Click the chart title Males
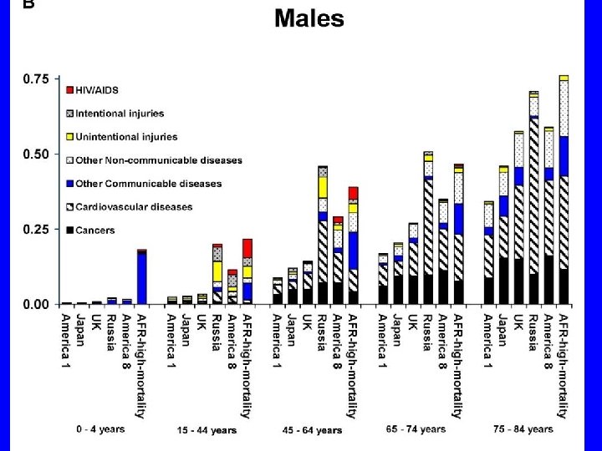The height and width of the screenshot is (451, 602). tap(309, 18)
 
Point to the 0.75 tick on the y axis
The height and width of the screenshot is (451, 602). tap(36, 79)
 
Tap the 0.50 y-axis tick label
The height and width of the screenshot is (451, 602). tap(36, 155)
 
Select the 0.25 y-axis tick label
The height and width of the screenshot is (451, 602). tap(36, 230)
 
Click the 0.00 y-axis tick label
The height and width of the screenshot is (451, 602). tap(36, 305)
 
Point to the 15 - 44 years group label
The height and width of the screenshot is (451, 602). tap(207, 430)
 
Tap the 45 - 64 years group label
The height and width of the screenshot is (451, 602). tap(312, 430)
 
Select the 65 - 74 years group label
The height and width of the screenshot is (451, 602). tap(416, 429)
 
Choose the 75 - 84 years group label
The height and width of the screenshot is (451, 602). tap(523, 429)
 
